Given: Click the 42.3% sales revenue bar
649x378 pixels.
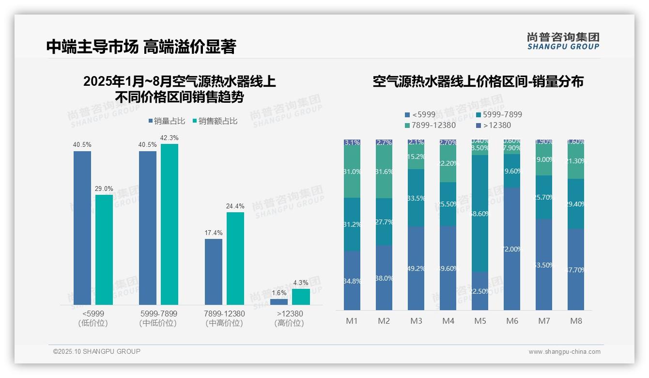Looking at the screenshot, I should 170,224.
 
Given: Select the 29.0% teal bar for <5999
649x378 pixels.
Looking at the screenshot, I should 104,250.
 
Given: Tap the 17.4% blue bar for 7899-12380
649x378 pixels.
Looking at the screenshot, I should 214,271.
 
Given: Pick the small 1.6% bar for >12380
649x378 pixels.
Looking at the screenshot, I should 279,301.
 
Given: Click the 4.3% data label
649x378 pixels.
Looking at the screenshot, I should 301,283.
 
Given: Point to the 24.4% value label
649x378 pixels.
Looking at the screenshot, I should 235,206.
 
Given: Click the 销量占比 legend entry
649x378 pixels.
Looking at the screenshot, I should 166,121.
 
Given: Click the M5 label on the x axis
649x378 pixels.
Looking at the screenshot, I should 480,321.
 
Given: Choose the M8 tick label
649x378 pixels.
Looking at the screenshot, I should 576,321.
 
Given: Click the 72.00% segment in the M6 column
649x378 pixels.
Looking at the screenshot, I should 512,249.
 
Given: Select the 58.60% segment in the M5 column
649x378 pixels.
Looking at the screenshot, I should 480,213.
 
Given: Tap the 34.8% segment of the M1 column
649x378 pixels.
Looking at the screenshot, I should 352,281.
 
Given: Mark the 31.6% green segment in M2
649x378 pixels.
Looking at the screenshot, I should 384,171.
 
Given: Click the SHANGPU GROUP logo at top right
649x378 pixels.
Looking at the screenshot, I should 563,41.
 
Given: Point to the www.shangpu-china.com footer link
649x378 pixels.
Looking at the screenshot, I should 564,352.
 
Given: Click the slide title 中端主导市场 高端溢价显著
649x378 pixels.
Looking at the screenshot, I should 141,47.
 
